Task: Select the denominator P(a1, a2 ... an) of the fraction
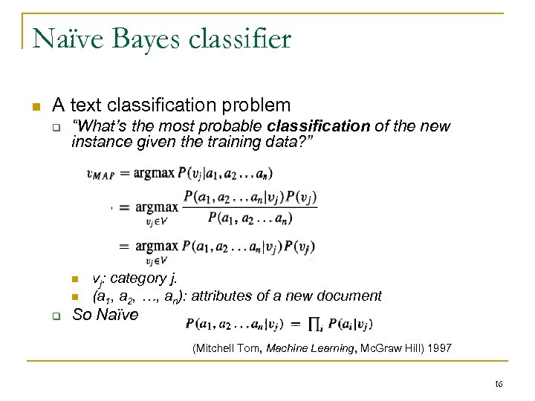tap(250, 218)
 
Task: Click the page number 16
tap(499, 382)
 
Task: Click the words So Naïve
tap(105, 314)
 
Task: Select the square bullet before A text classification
tap(32, 105)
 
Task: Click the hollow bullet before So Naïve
tap(56, 315)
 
